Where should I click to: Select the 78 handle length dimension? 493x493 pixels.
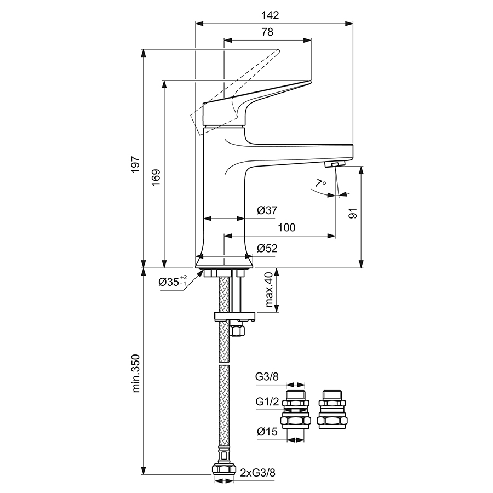click(267, 32)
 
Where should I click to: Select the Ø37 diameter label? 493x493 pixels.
click(267, 210)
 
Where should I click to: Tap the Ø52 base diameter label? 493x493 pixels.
click(267, 248)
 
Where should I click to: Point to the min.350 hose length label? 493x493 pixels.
click(136, 374)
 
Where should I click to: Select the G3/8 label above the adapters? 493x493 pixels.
click(266, 377)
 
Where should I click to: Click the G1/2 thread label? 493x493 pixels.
click(266, 402)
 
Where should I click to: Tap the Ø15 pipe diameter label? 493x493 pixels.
click(267, 432)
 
